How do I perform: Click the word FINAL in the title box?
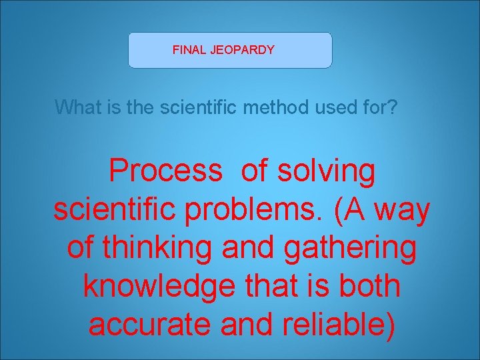point(187,50)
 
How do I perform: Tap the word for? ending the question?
point(380,107)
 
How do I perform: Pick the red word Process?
point(165,171)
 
